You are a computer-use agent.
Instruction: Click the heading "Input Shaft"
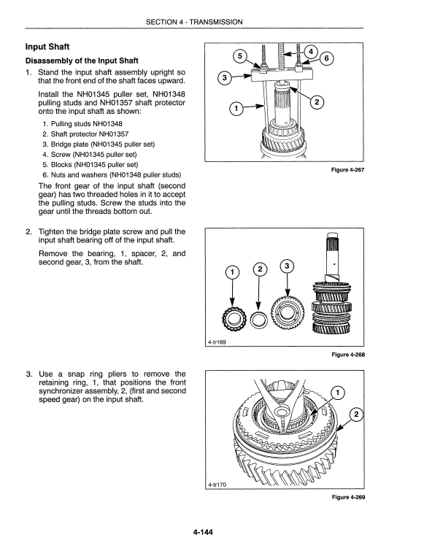(47, 47)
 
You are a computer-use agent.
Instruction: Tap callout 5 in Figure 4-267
(240, 56)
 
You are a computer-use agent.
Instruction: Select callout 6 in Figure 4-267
(327, 58)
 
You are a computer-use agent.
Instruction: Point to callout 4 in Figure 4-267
(311, 51)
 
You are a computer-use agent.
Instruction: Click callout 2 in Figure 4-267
(317, 102)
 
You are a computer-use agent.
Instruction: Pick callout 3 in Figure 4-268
(287, 266)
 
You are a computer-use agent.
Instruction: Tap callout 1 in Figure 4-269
(338, 393)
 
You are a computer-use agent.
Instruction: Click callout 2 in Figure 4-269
(356, 415)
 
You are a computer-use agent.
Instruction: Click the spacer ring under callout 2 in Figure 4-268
(259, 320)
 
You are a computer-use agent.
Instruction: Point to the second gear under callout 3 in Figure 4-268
(288, 312)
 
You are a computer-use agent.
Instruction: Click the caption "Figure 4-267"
(348, 170)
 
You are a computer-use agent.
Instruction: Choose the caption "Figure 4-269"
(349, 497)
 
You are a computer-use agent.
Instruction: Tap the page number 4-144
(203, 532)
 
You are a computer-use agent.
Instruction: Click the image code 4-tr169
(217, 342)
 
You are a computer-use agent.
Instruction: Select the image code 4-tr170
(217, 485)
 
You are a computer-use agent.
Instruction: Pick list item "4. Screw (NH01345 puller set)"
(90, 154)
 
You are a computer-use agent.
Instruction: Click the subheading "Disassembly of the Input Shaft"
(82, 61)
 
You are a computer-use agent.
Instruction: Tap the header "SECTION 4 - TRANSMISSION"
(194, 22)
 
